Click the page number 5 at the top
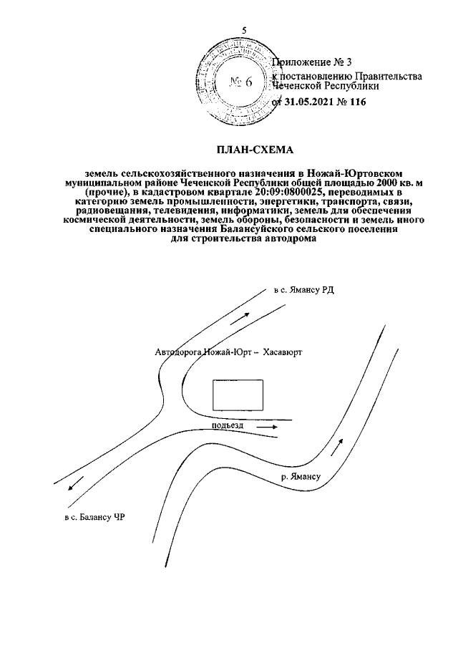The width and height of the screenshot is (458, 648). tap(245, 29)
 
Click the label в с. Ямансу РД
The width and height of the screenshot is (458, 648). tap(304, 291)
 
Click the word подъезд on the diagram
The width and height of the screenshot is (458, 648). tap(228, 426)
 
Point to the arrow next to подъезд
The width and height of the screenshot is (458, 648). tap(268, 425)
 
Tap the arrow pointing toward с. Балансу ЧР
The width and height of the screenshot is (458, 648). tap(74, 487)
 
